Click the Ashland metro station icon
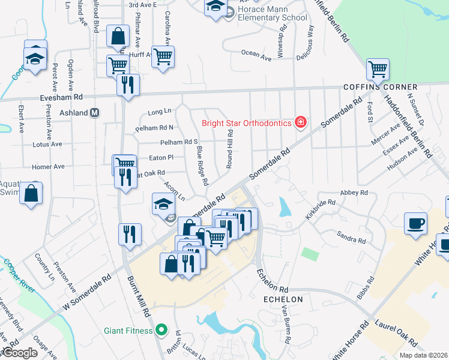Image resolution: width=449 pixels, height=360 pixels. coord(94,113)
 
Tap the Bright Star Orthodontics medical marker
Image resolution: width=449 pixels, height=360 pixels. coord(300,124)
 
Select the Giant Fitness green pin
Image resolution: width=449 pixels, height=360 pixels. coord(160,329)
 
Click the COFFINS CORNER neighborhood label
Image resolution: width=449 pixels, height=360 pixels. coord(380,87)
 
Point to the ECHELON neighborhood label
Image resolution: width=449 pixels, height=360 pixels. coord(283,299)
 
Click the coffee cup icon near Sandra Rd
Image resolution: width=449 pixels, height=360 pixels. coord(415,223)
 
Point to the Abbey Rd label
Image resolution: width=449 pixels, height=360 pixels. coord(354,193)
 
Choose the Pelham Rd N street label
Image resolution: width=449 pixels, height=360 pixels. coord(154,127)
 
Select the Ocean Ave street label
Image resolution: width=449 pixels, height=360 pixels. coord(256,54)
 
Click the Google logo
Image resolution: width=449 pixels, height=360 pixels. coord(19,353)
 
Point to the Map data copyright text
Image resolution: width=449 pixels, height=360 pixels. coord(423,355)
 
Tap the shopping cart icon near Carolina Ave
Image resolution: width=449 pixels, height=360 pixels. coord(163,57)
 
